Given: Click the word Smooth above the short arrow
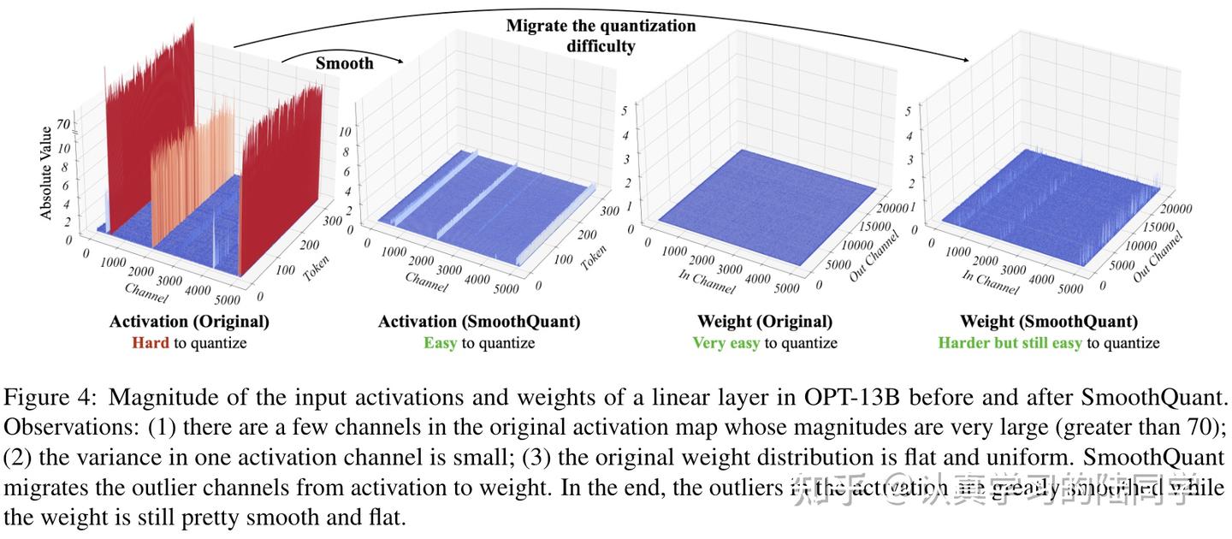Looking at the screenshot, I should pyautogui.click(x=344, y=62).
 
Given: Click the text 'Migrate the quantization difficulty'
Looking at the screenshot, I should pyautogui.click(x=601, y=35).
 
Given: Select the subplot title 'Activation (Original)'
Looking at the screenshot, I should pyautogui.click(x=189, y=322).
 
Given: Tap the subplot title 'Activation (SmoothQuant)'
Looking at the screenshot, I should pyautogui.click(x=479, y=322).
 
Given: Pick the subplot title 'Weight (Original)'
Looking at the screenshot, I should pyautogui.click(x=765, y=322).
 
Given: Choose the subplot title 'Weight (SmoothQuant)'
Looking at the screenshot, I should pyautogui.click(x=1049, y=322).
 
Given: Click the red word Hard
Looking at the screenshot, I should pyautogui.click(x=151, y=343).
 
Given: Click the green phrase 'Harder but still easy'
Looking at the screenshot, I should pyautogui.click(x=1010, y=343).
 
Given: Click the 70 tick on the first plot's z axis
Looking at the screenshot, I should pyautogui.click(x=63, y=123).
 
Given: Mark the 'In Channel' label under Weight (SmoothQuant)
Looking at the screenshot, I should pyautogui.click(x=990, y=281).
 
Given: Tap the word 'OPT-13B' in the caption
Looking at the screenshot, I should pyautogui.click(x=840, y=398).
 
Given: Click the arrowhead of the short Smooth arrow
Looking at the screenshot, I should pyautogui.click(x=399, y=62).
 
